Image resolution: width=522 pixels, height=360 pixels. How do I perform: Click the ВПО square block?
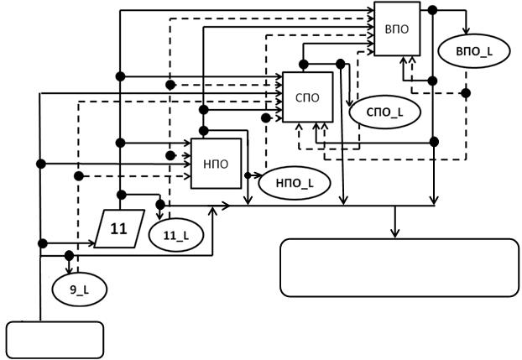pyautogui.click(x=396, y=30)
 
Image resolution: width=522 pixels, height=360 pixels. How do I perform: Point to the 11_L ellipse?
pyautogui.click(x=174, y=234)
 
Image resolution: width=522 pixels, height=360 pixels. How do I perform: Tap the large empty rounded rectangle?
pyautogui.click(x=399, y=268)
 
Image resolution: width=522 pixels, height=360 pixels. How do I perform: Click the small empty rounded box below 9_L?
pyautogui.click(x=55, y=339)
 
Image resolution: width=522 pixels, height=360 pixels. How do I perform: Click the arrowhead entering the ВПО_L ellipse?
pyautogui.click(x=462, y=34)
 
